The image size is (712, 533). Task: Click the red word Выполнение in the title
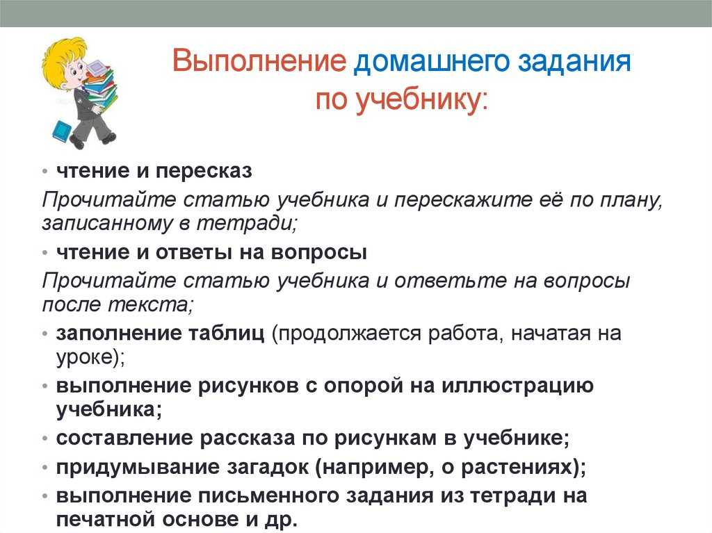(x=259, y=61)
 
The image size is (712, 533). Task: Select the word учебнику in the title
(x=417, y=100)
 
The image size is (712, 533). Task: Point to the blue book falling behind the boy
(x=61, y=131)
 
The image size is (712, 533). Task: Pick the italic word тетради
(x=247, y=223)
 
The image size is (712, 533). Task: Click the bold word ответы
(x=195, y=252)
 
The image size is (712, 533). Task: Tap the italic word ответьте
(x=450, y=281)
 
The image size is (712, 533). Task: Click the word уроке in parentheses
(x=84, y=358)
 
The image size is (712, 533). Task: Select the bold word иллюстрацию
(x=517, y=386)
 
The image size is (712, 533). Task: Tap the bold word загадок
(x=268, y=467)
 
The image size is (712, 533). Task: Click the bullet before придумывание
(x=44, y=467)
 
